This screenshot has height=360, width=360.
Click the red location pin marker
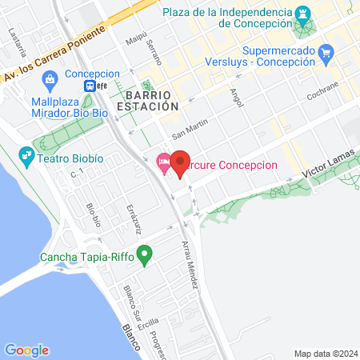(x=180, y=163)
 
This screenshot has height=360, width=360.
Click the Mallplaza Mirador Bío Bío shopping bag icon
(x=51, y=78)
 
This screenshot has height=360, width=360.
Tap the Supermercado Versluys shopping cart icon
(x=325, y=54)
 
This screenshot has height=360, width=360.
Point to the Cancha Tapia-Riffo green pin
(x=145, y=257)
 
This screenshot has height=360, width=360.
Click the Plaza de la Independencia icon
(x=303, y=14)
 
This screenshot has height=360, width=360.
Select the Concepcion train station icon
(x=94, y=86)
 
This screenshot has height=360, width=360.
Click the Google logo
(x=26, y=350)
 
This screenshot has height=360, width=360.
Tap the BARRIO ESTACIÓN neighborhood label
(x=146, y=99)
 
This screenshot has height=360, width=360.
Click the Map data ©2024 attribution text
(x=324, y=353)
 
